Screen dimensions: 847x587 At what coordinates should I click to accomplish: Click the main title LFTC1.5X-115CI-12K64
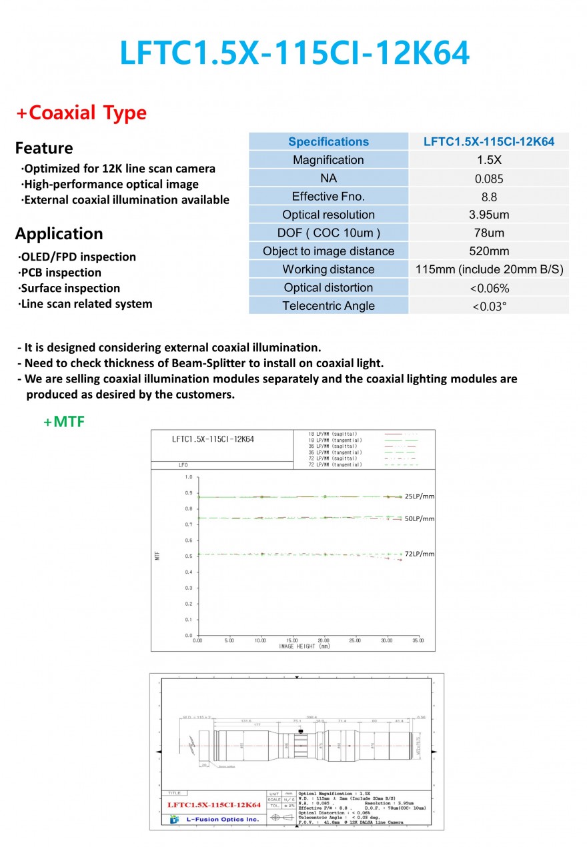pyautogui.click(x=294, y=53)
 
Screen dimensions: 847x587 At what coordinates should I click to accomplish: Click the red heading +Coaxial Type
pyautogui.click(x=81, y=113)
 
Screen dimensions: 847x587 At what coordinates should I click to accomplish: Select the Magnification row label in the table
pyautogui.click(x=328, y=160)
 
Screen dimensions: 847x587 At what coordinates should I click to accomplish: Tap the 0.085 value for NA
pyautogui.click(x=489, y=179)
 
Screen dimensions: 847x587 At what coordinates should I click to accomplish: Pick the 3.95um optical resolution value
pyautogui.click(x=489, y=215)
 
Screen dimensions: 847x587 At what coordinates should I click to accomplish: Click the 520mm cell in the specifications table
pyautogui.click(x=489, y=251)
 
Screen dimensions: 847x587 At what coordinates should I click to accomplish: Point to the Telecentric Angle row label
pyautogui.click(x=328, y=306)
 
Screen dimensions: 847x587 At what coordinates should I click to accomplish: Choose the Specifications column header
pyautogui.click(x=328, y=141)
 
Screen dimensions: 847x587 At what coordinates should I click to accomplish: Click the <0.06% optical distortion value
pyautogui.click(x=489, y=288)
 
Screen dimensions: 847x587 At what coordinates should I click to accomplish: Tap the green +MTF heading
pyautogui.click(x=64, y=421)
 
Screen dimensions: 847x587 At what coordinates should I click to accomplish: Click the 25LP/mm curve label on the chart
pyautogui.click(x=420, y=496)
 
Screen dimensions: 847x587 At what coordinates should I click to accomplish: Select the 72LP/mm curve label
pyautogui.click(x=420, y=554)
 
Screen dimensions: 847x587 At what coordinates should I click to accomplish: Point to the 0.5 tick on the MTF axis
pyautogui.click(x=188, y=556)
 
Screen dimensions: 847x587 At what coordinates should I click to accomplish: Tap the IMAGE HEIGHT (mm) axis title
pyautogui.click(x=304, y=646)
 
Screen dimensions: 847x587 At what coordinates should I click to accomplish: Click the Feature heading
pyautogui.click(x=44, y=148)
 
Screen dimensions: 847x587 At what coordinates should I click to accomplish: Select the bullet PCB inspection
pyautogui.click(x=61, y=273)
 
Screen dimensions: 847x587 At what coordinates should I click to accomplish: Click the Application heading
pyautogui.click(x=59, y=234)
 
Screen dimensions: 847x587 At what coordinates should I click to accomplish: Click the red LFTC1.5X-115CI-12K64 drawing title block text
pyautogui.click(x=213, y=805)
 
